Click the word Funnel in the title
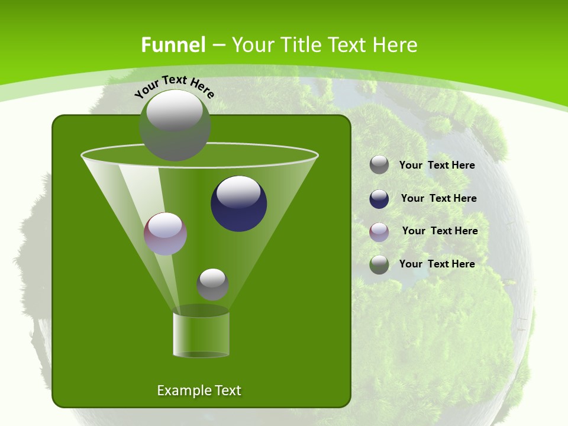pyautogui.click(x=173, y=45)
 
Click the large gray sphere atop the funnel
pyautogui.click(x=175, y=125)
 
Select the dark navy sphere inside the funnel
pyautogui.click(x=239, y=204)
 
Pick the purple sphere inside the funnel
pyautogui.click(x=166, y=234)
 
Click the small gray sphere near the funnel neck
pyautogui.click(x=212, y=285)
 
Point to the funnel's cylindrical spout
pyautogui.click(x=201, y=335)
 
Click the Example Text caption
pyautogui.click(x=199, y=390)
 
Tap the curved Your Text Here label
pyautogui.click(x=174, y=86)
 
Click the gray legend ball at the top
pyautogui.click(x=379, y=165)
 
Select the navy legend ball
pyautogui.click(x=379, y=199)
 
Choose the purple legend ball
pyautogui.click(x=379, y=232)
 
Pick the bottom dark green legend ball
pyautogui.click(x=379, y=264)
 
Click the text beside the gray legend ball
pyautogui.click(x=437, y=166)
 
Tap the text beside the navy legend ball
pyautogui.click(x=438, y=199)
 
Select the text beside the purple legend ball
pyautogui.click(x=440, y=231)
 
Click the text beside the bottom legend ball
pyautogui.click(x=437, y=264)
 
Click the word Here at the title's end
pyautogui.click(x=397, y=45)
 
